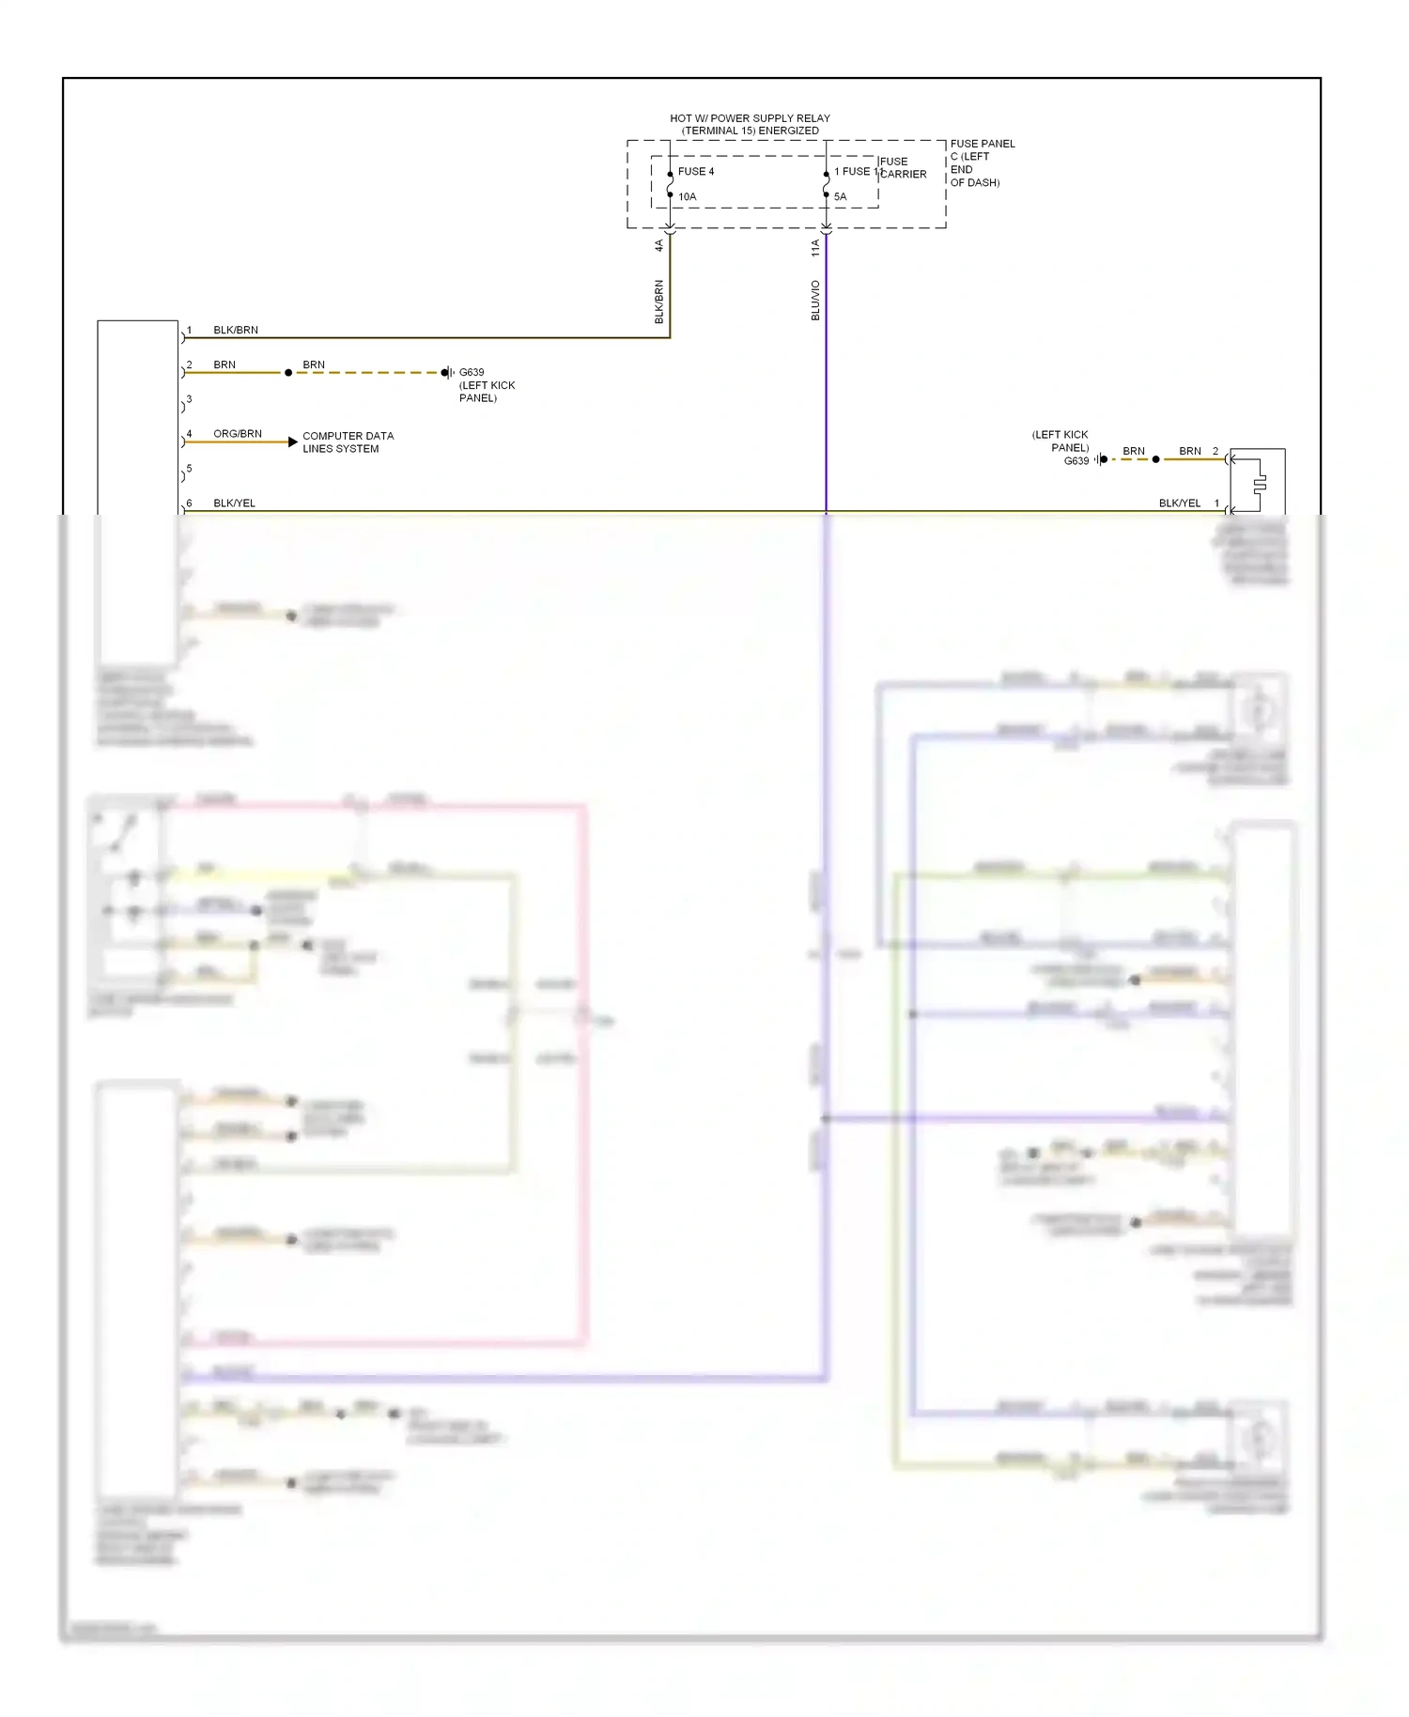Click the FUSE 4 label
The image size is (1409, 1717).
coord(696,172)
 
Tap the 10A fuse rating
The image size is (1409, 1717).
coord(688,197)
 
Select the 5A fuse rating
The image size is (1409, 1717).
coord(841,197)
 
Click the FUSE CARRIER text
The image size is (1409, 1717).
coord(902,168)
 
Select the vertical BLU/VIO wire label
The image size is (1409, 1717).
coord(815,301)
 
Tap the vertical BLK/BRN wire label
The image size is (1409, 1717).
coord(658,302)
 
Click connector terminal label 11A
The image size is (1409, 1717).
coord(815,248)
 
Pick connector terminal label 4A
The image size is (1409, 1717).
coord(658,245)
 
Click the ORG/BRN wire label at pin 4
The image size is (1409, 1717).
coord(238,434)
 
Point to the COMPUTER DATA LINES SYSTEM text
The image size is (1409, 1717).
coord(348,442)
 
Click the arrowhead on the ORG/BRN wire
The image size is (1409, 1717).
coord(293,441)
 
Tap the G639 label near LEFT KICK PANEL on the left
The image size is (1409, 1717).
coord(472,373)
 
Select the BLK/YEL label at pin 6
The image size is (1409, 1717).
coord(234,503)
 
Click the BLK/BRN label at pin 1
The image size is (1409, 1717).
coord(236,331)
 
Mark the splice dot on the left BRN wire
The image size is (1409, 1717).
coord(288,373)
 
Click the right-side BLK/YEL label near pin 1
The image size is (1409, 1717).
coord(1180,503)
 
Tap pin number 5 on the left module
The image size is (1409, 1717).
coord(189,469)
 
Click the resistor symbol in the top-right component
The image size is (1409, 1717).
coord(1260,484)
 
